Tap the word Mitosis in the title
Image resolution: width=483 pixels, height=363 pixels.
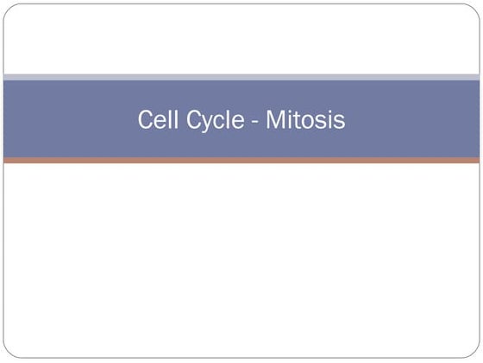(305, 119)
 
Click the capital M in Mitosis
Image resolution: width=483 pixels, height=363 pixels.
(274, 119)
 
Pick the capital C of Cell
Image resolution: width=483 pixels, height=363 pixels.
(144, 119)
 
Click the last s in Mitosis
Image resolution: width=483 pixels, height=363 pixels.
(340, 122)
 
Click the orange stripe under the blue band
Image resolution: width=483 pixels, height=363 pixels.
(241, 160)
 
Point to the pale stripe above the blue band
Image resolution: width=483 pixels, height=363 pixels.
(241, 77)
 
